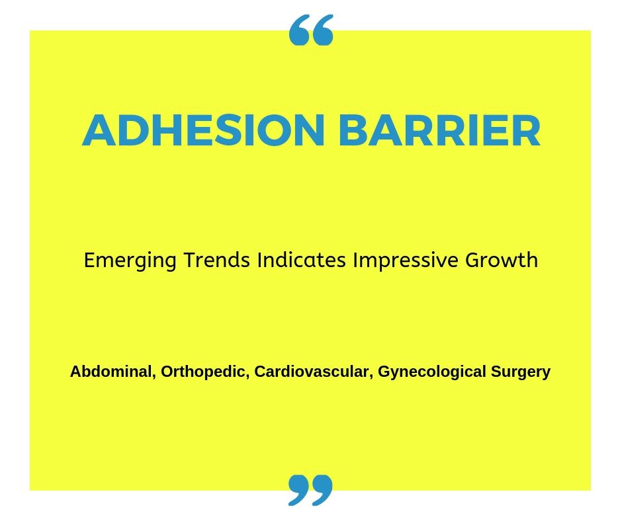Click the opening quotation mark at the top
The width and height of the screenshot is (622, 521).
(311, 30)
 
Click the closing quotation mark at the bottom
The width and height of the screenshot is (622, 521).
(310, 490)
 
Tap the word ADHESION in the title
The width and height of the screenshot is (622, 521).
(204, 130)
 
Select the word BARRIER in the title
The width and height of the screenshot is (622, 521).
(439, 130)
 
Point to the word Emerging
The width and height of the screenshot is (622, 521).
(130, 261)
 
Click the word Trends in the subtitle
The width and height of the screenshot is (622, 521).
(216, 260)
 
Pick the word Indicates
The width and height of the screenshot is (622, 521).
(302, 260)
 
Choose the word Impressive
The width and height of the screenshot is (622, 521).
(406, 260)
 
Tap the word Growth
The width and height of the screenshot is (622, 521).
(502, 260)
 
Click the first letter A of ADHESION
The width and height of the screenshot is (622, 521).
(99, 130)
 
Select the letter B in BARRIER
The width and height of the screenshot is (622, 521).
(353, 130)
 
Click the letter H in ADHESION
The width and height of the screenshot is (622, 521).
(169, 130)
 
